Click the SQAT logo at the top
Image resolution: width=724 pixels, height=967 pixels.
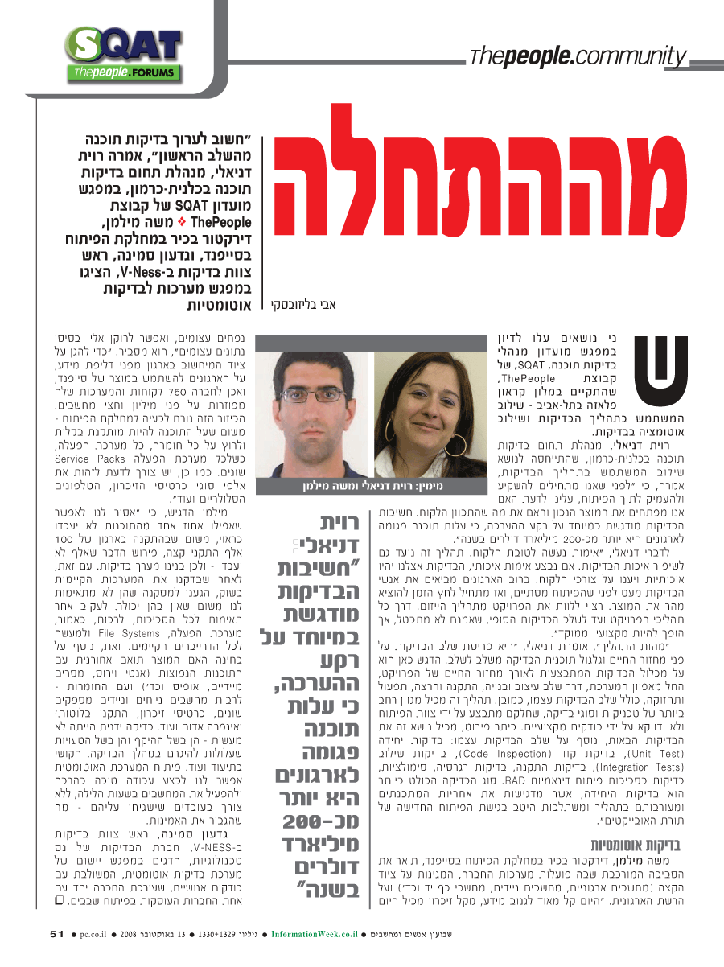(123, 55)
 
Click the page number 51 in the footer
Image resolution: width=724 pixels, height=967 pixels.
(56, 933)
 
